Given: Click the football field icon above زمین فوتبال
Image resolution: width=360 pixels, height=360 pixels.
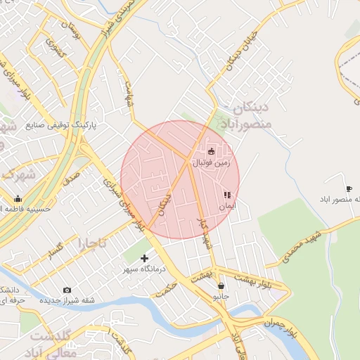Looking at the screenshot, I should [x=212, y=151].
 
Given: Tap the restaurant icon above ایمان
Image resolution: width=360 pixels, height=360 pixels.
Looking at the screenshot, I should [x=226, y=195].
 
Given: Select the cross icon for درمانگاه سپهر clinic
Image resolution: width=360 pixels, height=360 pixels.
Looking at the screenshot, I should [x=145, y=259].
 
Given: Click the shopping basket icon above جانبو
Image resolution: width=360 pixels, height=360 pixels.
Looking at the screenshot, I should [x=221, y=286].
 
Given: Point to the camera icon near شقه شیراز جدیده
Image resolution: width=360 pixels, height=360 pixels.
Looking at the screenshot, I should [x=67, y=290].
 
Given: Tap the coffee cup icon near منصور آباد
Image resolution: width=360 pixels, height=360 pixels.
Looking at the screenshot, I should [x=349, y=188].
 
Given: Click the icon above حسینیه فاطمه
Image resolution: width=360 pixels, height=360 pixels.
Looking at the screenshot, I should [x=18, y=198].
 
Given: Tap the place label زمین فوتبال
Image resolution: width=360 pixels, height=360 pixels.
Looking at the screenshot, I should [x=214, y=162].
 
